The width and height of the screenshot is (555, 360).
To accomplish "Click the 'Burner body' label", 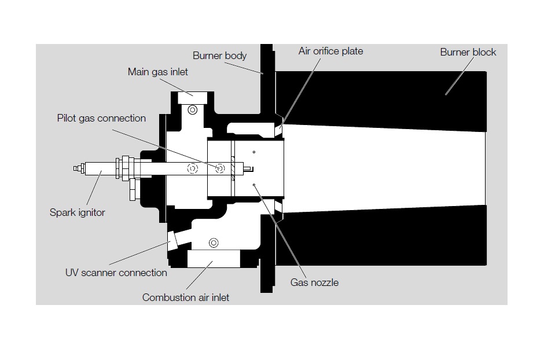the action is click(x=219, y=56).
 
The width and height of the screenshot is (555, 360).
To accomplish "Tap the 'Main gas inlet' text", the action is click(x=157, y=72).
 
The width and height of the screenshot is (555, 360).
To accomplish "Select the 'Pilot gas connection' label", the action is click(x=101, y=118).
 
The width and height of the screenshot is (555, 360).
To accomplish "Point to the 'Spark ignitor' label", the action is click(x=77, y=212).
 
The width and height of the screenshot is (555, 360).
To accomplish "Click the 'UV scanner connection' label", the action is click(x=116, y=273).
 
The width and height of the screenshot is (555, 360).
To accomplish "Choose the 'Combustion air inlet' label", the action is click(x=185, y=297).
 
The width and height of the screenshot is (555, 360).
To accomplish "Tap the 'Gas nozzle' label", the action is click(x=314, y=282).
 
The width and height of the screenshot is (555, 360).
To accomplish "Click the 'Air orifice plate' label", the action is click(x=330, y=51).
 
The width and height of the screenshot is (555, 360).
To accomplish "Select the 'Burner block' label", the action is click(x=468, y=52).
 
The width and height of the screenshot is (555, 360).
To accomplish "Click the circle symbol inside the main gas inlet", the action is click(x=193, y=110).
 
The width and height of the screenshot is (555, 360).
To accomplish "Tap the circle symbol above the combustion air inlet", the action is click(x=214, y=243).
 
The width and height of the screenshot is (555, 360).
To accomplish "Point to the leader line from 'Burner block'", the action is click(x=460, y=76).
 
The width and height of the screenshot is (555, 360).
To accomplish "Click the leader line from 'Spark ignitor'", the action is click(x=94, y=188).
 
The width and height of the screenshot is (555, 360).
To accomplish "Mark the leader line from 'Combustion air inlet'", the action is click(x=199, y=275).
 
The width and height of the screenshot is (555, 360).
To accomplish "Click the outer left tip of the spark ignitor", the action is click(x=74, y=168).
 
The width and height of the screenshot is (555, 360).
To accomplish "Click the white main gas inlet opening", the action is click(x=192, y=98).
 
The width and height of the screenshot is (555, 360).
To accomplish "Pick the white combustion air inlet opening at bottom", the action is click(x=214, y=258).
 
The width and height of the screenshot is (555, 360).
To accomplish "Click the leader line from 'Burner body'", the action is click(x=244, y=68).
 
